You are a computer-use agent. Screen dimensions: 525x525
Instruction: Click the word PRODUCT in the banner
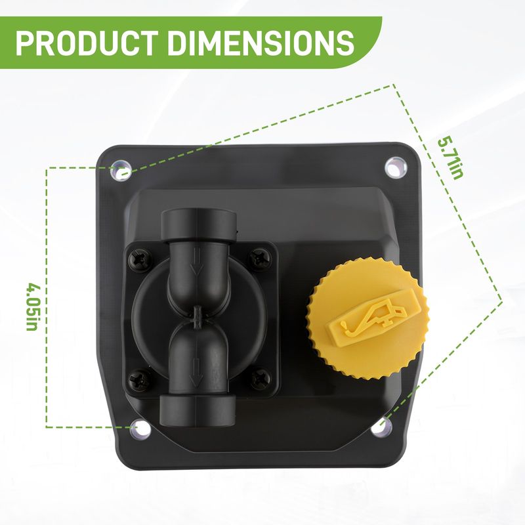[87, 43]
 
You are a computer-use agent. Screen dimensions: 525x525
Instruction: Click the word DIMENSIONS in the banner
[261, 43]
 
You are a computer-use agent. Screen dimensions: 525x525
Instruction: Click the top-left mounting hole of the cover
[121, 171]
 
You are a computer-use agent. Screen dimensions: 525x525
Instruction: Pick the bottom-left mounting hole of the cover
[140, 429]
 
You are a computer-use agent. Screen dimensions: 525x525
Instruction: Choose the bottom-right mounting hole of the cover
[381, 426]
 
